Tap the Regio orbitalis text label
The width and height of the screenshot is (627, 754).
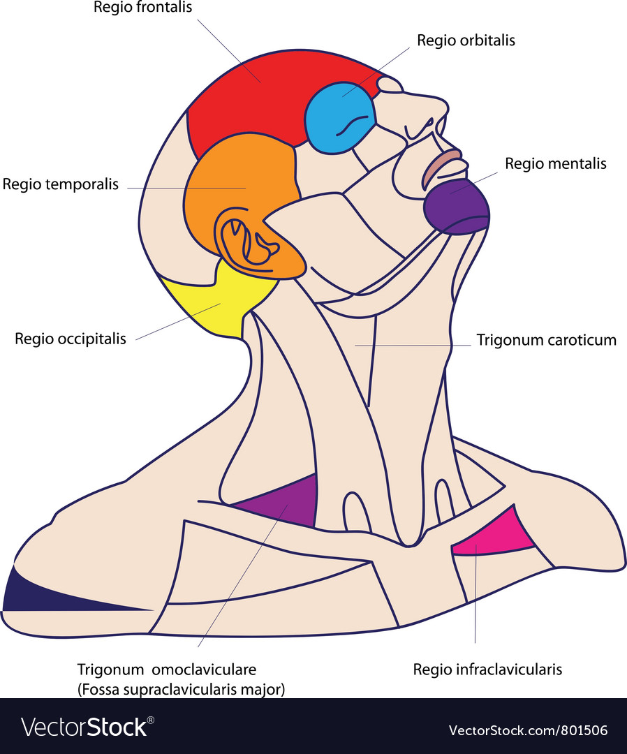point(466,40)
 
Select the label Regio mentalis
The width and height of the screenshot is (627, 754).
point(556,164)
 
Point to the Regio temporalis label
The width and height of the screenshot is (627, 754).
point(61,185)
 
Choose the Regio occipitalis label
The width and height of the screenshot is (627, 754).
point(71,339)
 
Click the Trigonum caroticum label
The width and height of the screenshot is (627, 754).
point(547,341)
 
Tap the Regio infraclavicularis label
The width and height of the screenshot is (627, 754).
point(487,670)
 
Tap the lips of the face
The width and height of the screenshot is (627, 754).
point(441,168)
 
